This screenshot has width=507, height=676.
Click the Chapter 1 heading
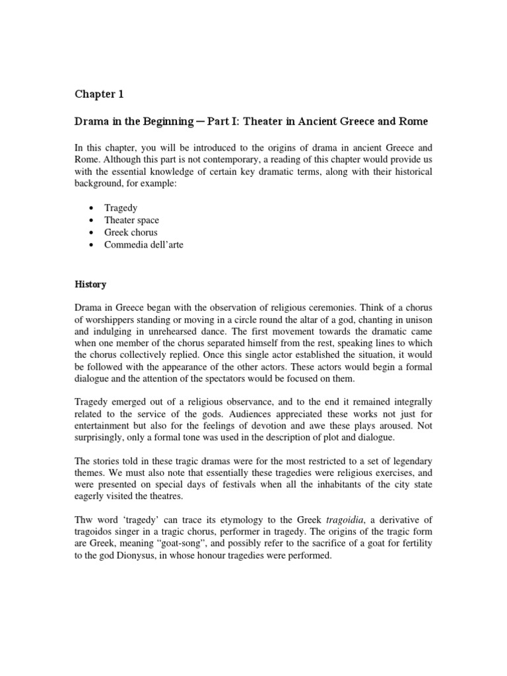tap(98, 94)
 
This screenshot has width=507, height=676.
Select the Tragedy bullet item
tap(121, 208)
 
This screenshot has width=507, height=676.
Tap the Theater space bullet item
tap(131, 220)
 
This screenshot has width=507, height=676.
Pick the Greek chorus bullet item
tap(131, 232)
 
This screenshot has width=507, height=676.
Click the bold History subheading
tap(90, 285)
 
